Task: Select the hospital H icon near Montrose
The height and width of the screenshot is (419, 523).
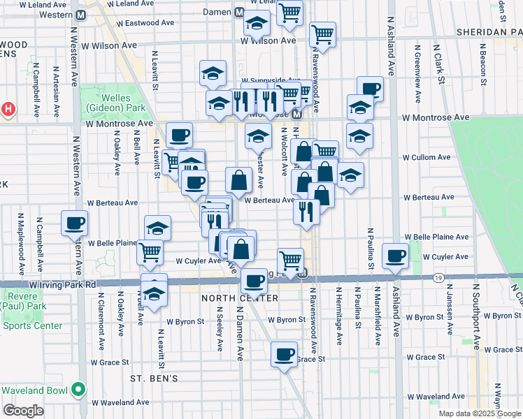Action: [8, 110]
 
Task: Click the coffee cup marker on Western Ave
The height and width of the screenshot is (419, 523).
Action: [74, 223]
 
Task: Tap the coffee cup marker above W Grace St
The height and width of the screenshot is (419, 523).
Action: [284, 355]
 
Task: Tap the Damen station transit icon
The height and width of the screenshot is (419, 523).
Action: [239, 13]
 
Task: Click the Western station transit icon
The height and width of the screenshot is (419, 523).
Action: [80, 15]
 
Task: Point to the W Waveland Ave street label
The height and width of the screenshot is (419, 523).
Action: [120, 402]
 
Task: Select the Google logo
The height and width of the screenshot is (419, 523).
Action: [23, 411]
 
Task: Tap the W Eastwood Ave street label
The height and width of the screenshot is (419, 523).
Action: [145, 22]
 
